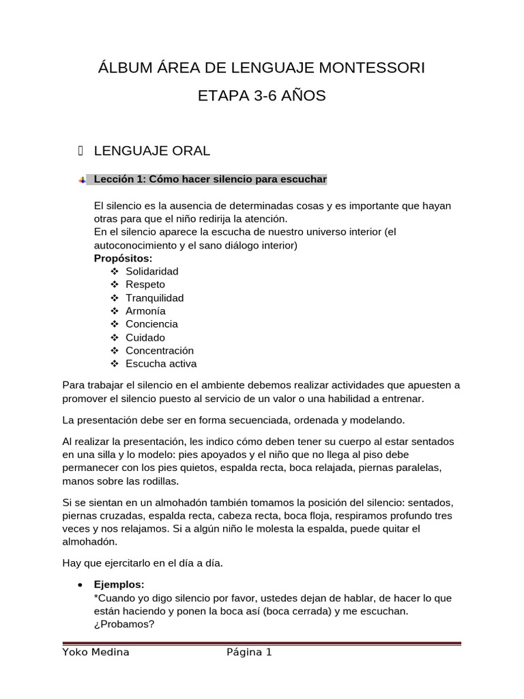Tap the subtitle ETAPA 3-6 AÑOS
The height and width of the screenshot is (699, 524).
[261, 96]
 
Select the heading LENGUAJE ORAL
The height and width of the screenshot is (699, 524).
[151, 150]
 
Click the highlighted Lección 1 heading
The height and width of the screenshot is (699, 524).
[210, 180]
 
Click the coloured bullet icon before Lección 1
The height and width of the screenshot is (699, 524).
[82, 180]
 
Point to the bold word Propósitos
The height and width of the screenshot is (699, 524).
[123, 258]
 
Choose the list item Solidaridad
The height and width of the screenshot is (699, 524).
[151, 271]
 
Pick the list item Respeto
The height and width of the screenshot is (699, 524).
[145, 284]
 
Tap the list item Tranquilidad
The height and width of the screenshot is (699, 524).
[154, 298]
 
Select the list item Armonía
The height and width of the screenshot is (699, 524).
[145, 311]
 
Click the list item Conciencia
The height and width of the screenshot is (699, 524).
[151, 324]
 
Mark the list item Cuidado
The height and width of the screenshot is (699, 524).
[145, 337]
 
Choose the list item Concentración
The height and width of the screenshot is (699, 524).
[160, 350]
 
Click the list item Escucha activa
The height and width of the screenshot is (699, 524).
[161, 363]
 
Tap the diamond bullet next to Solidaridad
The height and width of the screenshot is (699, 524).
[114, 271]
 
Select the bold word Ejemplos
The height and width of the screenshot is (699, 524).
[119, 585]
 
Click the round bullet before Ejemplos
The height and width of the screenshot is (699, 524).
[81, 586]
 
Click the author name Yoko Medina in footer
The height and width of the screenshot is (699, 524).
[96, 653]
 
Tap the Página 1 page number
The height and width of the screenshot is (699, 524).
[249, 653]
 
